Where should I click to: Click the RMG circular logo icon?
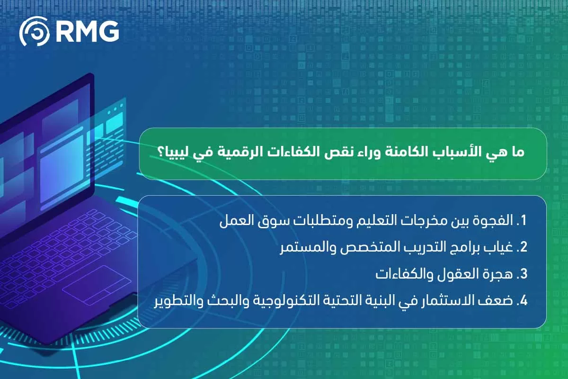(34, 32)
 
